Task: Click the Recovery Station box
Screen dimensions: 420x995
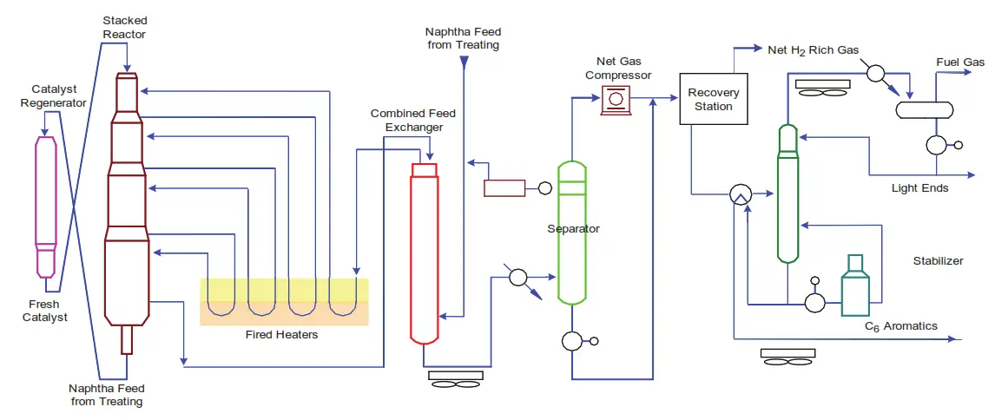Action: point(714,99)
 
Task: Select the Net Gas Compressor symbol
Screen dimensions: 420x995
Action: point(616,100)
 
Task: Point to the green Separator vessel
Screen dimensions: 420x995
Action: point(572,234)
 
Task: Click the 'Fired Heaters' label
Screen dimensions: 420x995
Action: point(285,335)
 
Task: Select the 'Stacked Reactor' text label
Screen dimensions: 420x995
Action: point(125,26)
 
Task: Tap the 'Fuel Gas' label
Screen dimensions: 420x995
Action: point(959,62)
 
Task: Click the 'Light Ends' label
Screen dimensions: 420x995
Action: point(919,187)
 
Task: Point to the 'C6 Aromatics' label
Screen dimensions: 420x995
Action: point(900,326)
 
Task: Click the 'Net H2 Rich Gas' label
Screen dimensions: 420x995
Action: point(813,50)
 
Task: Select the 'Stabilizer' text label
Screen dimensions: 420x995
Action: point(938,261)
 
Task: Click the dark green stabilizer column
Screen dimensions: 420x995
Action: point(787,193)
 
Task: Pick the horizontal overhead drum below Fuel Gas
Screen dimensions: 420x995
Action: point(925,109)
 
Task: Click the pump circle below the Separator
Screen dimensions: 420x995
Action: point(571,340)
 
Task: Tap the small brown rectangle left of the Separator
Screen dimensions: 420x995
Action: point(504,187)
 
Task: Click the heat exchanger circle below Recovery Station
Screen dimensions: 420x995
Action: point(741,194)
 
